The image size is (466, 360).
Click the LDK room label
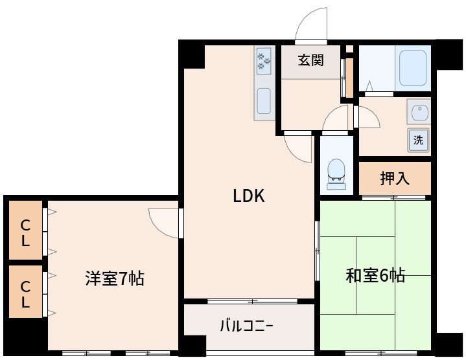(x=249, y=196)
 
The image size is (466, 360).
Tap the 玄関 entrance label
(x=310, y=61)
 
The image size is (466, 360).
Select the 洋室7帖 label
(x=115, y=279)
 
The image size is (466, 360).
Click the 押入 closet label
(x=395, y=179)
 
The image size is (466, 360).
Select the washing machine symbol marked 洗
(x=419, y=140)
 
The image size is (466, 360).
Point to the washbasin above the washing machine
(x=419, y=111)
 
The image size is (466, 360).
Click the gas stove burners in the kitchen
(x=264, y=61)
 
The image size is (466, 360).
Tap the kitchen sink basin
(x=264, y=101)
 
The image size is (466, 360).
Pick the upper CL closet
(x=25, y=233)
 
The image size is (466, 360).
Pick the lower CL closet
(x=25, y=293)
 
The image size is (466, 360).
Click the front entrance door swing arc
(x=312, y=26)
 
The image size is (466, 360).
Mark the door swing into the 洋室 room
(x=163, y=222)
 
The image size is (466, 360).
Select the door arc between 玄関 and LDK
(x=300, y=148)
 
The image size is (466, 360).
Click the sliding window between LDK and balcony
(x=251, y=301)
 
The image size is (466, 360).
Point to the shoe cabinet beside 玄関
(x=349, y=76)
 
